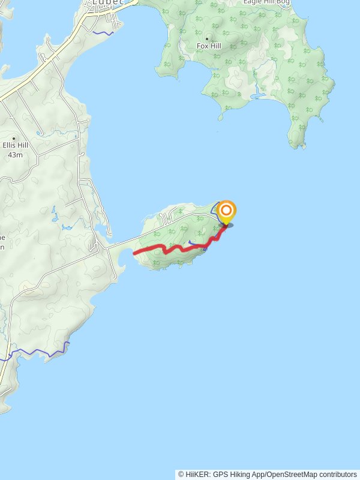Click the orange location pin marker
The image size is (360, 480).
point(226,211)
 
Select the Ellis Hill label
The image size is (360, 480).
point(15,146)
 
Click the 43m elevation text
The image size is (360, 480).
point(15,155)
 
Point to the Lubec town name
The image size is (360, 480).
point(108,2)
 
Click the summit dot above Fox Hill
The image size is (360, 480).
point(207,38)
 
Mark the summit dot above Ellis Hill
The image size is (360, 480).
point(14,139)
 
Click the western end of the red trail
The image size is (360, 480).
point(134,253)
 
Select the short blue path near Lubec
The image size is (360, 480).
point(103,32)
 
